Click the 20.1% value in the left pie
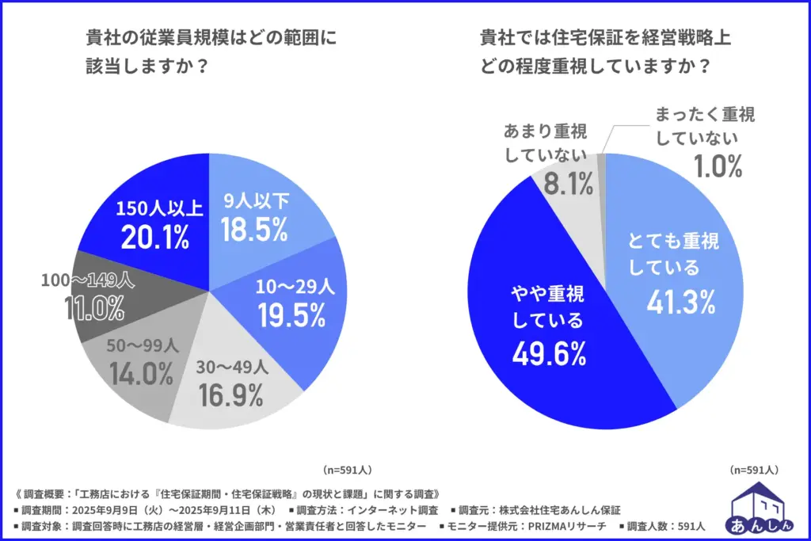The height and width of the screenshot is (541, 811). [155, 237]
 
